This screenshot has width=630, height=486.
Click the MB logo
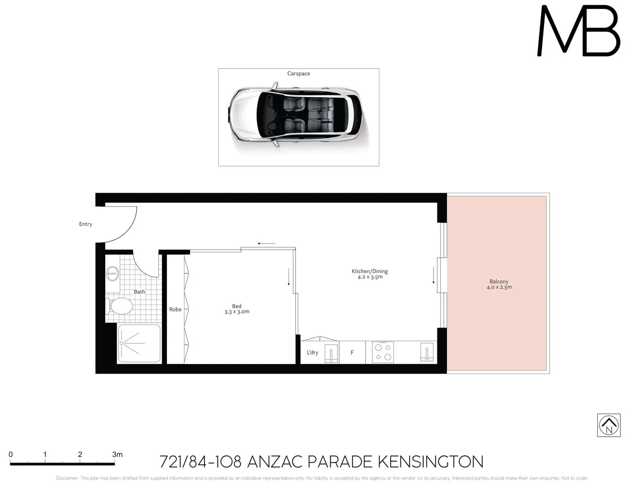[579, 31]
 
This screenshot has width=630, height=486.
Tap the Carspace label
[298, 73]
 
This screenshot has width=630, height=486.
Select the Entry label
[85, 224]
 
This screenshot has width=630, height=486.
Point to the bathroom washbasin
[112, 273]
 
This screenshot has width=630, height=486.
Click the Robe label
[175, 310]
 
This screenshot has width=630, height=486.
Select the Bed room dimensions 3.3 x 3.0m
[237, 312]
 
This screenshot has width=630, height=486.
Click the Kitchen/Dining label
[369, 271]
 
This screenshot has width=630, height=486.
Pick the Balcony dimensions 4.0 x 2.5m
[499, 287]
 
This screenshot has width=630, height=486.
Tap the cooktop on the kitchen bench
[383, 352]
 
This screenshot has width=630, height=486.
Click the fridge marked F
[352, 352]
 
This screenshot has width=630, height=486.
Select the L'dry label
[312, 352]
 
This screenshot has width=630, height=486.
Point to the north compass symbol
[609, 425]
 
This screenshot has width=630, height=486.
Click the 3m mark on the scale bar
[117, 454]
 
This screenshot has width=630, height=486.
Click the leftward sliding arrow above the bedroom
[266, 243]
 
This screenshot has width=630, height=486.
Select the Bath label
[139, 292]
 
